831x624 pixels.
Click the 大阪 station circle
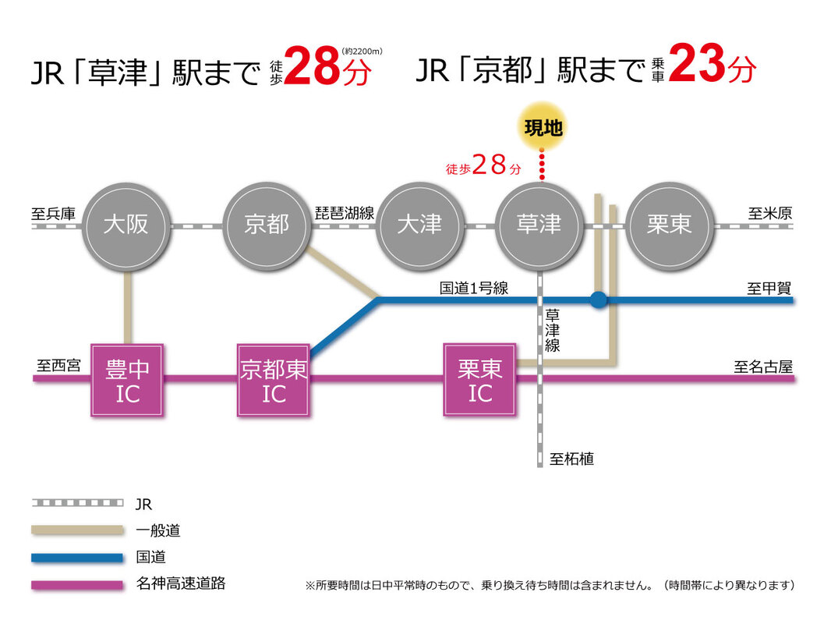[126, 225]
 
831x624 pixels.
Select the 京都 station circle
[267, 225]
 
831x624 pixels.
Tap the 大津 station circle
[419, 225]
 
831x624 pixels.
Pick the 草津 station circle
[539, 225]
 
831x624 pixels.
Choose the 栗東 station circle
[669, 225]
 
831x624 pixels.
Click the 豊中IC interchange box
[128, 380]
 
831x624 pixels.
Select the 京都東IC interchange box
[274, 380]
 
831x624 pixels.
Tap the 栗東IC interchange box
[480, 380]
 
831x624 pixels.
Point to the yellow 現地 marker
[543, 129]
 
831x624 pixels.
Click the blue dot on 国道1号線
[598, 300]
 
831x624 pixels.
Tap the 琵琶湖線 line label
[345, 213]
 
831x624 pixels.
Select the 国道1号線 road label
[474, 289]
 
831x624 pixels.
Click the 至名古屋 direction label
[762, 366]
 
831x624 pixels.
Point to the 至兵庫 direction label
[54, 213]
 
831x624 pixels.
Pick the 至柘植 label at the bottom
[571, 459]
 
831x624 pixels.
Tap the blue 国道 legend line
[77, 558]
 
